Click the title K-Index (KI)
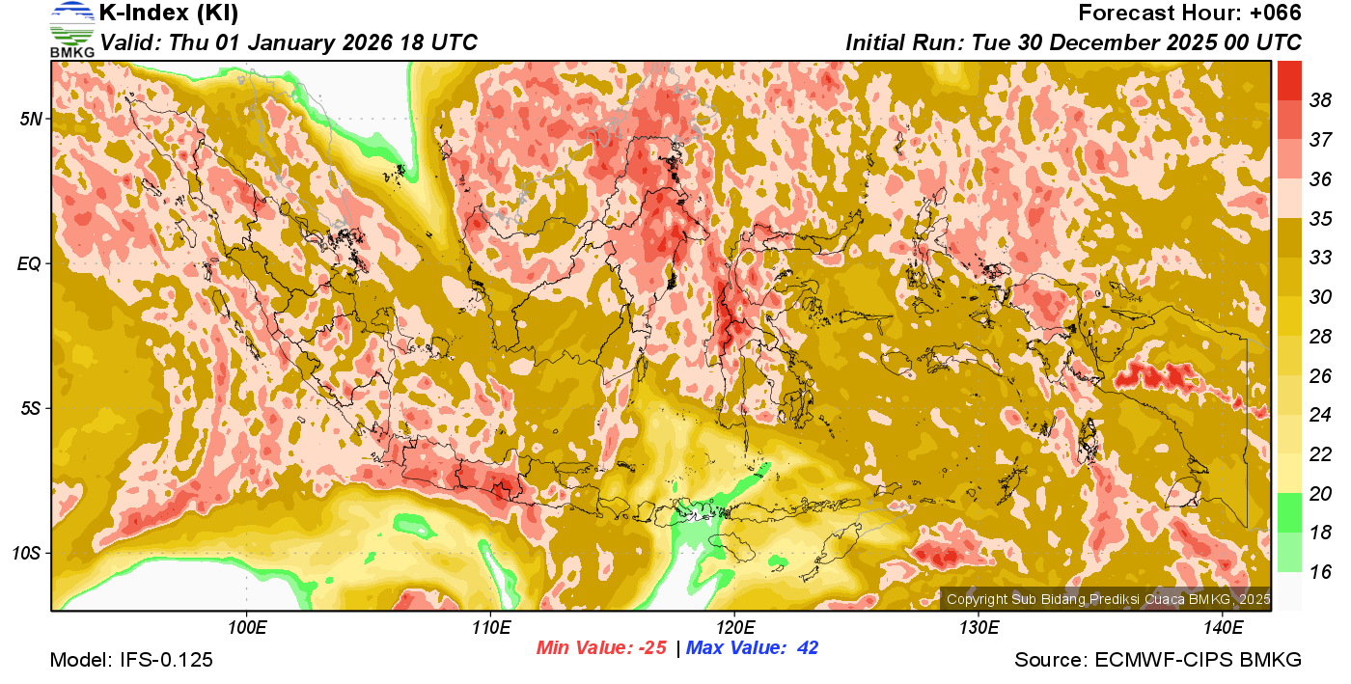pos(169,14)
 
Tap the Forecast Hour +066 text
pos(1190,14)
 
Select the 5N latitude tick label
pos(31,119)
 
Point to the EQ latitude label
pos(30,263)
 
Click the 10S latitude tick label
pos(27,553)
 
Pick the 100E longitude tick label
pos(247,628)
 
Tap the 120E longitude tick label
pos(734,628)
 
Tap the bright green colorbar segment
pos(1289,511)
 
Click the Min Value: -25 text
pos(602,648)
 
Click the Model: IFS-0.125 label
pos(131,660)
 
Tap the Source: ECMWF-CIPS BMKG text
pos(1158,660)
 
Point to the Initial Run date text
pos(1073,43)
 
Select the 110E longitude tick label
pos(491,628)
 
